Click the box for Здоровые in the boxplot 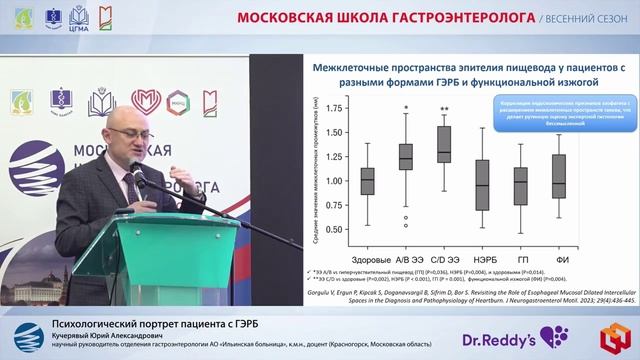pyautogui.click(x=367, y=180)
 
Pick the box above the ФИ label pyautogui.click(x=559, y=176)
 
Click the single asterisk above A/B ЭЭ pyautogui.click(x=405, y=109)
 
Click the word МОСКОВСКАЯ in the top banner pyautogui.click(x=285, y=18)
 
